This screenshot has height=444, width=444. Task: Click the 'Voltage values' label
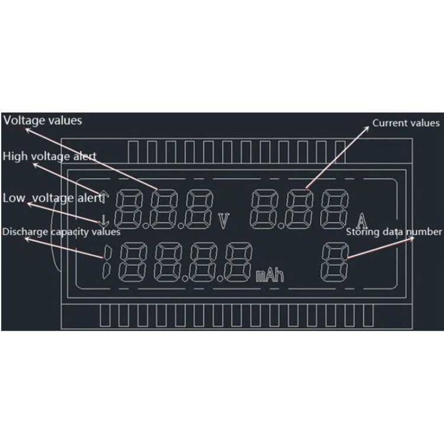(x=43, y=120)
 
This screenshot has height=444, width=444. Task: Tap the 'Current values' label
(x=406, y=123)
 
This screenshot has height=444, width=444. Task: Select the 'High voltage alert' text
(x=49, y=157)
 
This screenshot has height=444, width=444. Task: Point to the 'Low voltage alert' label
(x=49, y=198)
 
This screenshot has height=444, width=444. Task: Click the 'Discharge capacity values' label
(x=61, y=231)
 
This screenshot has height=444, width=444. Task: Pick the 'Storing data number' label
(x=394, y=232)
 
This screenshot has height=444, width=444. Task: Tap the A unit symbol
(x=361, y=221)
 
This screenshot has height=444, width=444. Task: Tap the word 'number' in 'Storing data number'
(x=425, y=232)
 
